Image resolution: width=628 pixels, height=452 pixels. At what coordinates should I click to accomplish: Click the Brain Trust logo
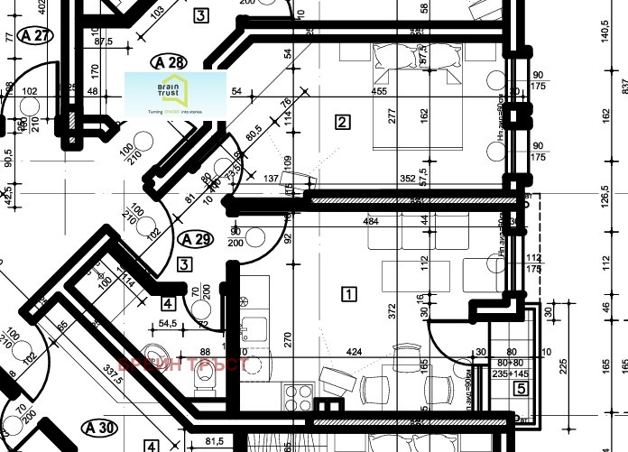pos(175,95)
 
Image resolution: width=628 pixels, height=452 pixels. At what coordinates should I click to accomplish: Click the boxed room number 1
pos(348,293)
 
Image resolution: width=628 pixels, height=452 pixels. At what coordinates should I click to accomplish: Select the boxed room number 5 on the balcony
pos(520,390)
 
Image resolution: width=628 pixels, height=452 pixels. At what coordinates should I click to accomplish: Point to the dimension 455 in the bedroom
pos(380,91)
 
